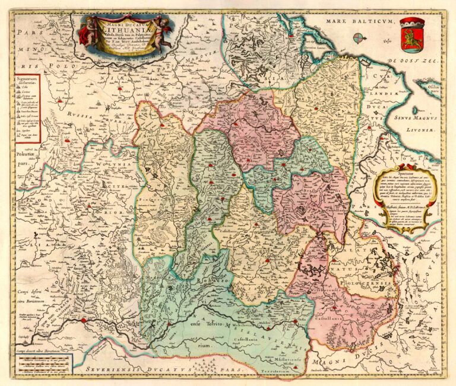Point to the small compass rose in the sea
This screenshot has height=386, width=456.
359,38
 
